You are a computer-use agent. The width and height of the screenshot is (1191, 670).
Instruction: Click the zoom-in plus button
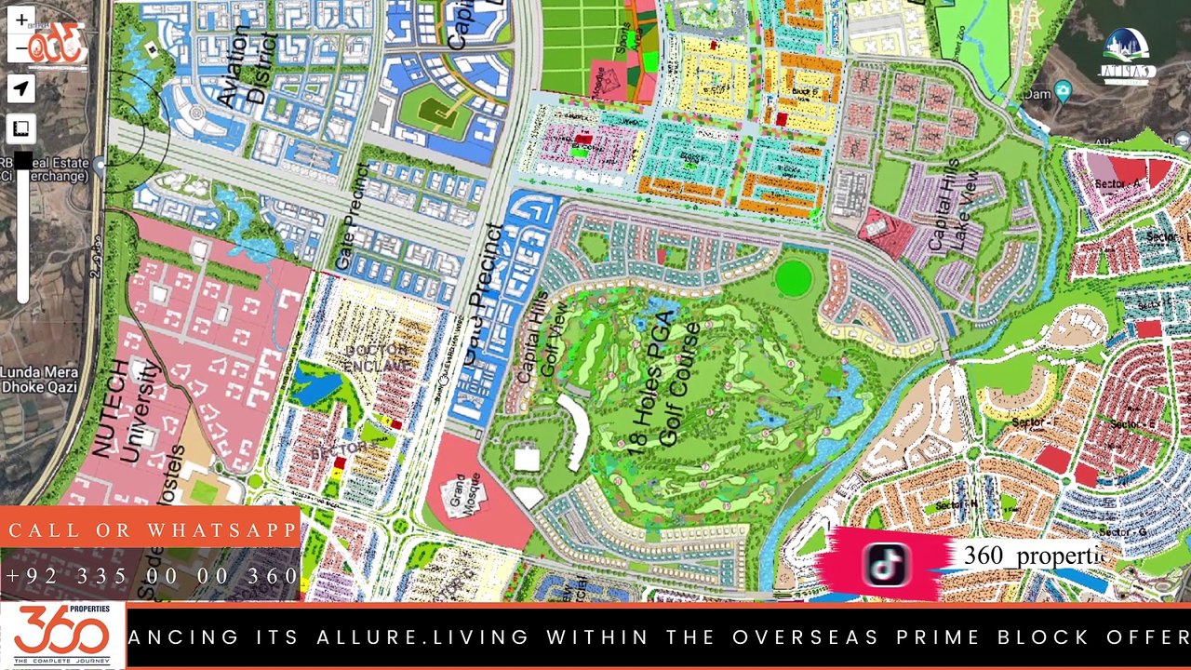point(20,20)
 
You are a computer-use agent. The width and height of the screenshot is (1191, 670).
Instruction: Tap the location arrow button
point(20,88)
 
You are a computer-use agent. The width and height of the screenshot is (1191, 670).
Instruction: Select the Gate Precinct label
point(355,218)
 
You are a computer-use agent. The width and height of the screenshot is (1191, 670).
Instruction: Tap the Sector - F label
point(1036,422)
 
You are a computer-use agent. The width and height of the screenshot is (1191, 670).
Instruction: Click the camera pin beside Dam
point(1063,91)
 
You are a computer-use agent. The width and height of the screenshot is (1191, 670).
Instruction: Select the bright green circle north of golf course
point(794,278)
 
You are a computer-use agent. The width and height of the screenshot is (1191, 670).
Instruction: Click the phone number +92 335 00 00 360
point(152,576)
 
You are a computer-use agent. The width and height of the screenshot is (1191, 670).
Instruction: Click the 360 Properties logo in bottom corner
point(61,636)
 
